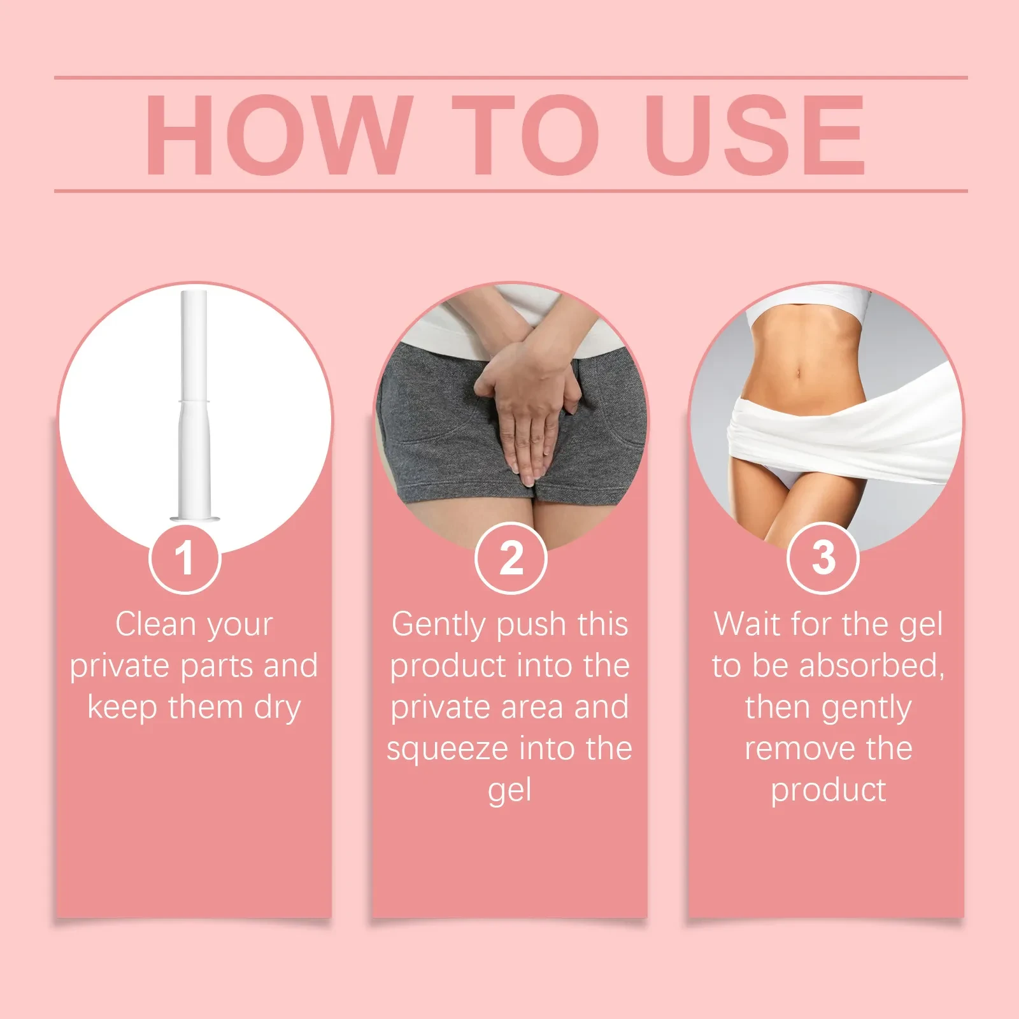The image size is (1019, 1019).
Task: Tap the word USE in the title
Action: [755, 134]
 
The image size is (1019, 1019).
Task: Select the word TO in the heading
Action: [526, 134]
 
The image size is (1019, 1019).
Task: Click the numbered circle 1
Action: [185, 558]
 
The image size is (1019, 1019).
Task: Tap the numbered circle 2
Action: [511, 558]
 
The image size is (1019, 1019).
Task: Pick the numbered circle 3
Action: [823, 558]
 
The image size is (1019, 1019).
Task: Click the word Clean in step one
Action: [155, 624]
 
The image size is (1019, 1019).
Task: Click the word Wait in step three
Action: [746, 624]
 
